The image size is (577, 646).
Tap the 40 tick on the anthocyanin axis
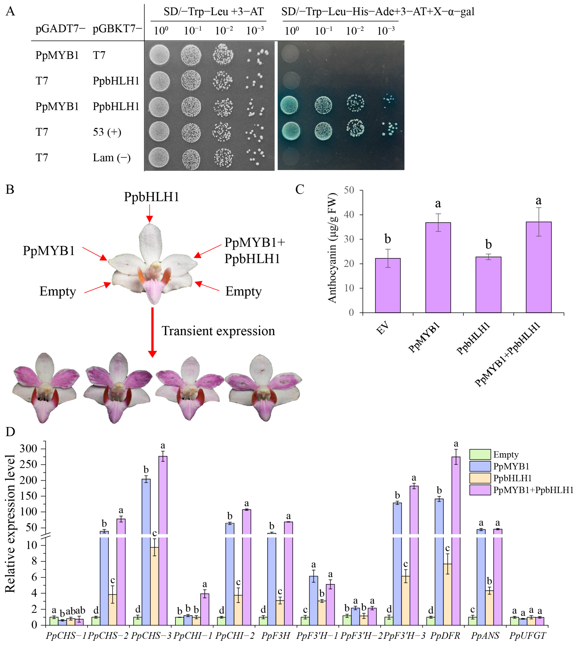[x=349, y=215]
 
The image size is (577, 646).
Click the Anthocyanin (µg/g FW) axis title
[x=332, y=248]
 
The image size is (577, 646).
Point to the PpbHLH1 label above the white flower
[x=151, y=197]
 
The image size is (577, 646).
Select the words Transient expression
[x=218, y=331]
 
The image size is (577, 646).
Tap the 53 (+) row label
[x=107, y=132]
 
